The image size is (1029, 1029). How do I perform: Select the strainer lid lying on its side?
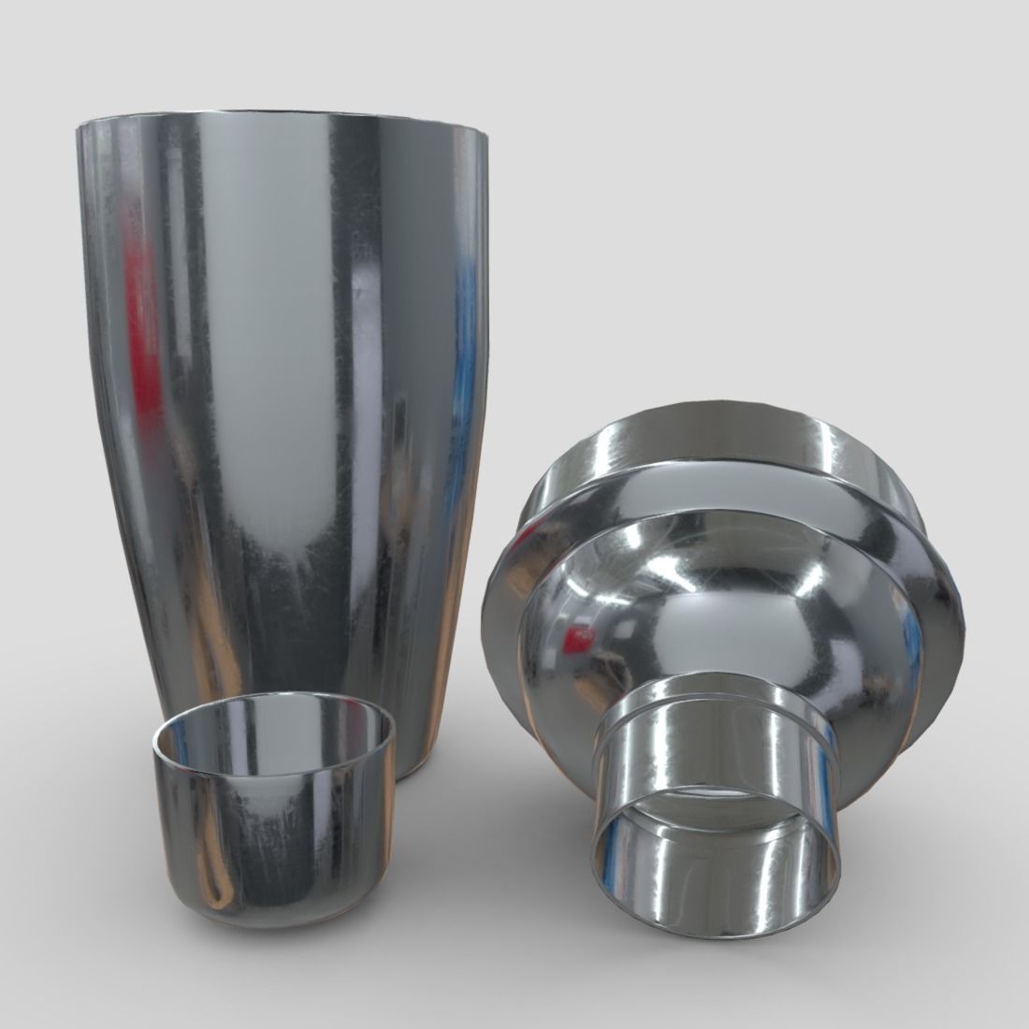click(720, 655)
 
